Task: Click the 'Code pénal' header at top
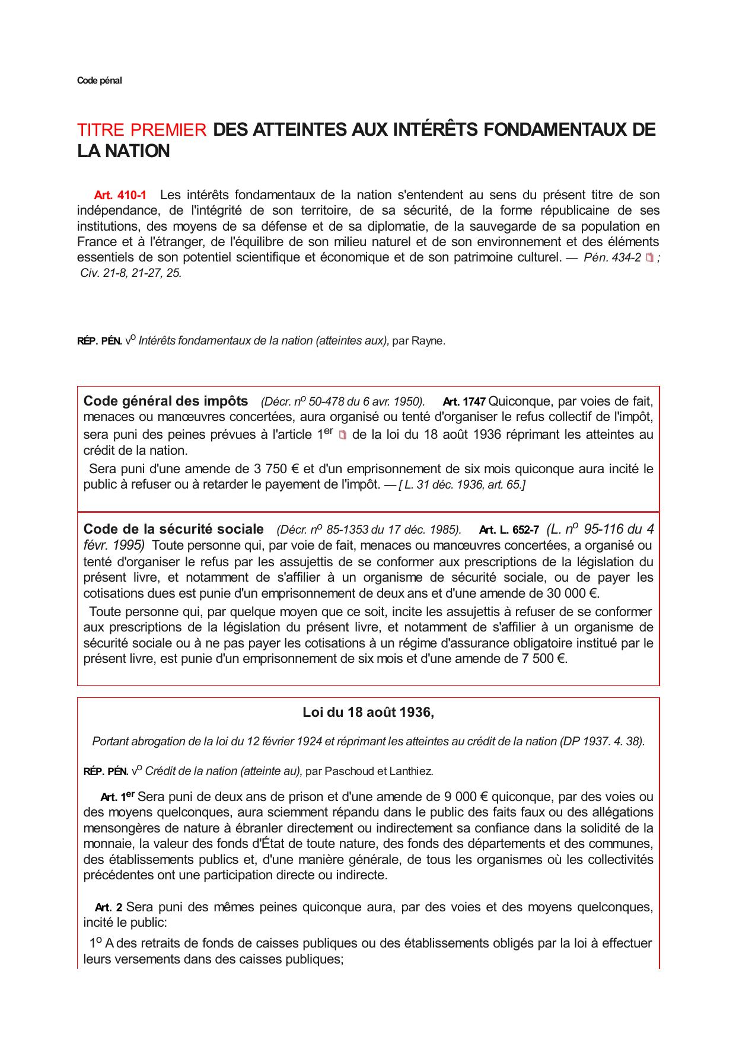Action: click(x=99, y=81)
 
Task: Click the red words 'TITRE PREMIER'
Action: click(x=142, y=130)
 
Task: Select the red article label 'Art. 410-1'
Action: click(x=120, y=195)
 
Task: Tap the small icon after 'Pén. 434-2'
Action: click(x=649, y=257)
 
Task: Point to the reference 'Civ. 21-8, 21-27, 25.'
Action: click(x=131, y=273)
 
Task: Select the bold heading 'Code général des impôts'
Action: click(x=165, y=400)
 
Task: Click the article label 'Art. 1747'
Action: click(x=464, y=401)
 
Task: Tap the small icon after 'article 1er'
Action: click(x=342, y=435)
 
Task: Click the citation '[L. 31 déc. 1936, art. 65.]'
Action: click(x=462, y=485)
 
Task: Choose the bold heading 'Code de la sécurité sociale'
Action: click(x=173, y=529)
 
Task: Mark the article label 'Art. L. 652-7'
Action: click(x=508, y=530)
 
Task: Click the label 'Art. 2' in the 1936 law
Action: click(x=109, y=907)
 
